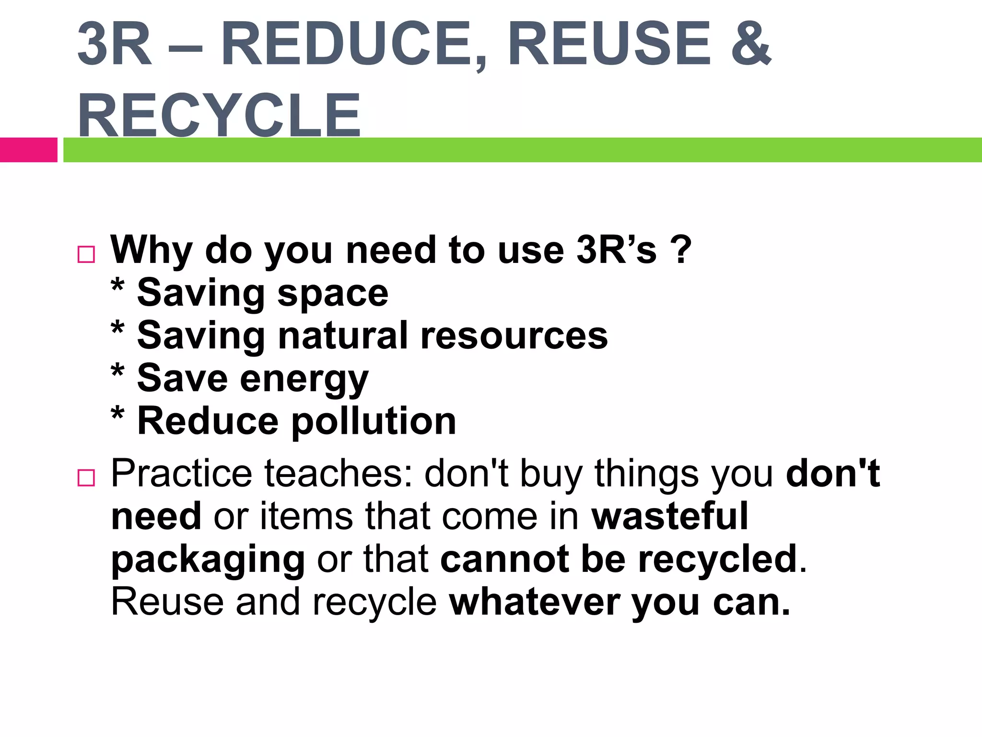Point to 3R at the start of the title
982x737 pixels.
114,44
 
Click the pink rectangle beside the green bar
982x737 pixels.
28,150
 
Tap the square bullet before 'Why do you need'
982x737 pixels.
86,254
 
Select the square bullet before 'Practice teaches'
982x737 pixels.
86,478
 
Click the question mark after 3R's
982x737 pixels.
681,250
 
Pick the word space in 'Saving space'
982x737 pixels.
333,294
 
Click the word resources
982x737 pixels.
514,336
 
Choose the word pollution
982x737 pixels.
374,421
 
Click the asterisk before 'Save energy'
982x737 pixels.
117,372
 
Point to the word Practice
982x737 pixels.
181,474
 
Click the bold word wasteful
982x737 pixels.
670,516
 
